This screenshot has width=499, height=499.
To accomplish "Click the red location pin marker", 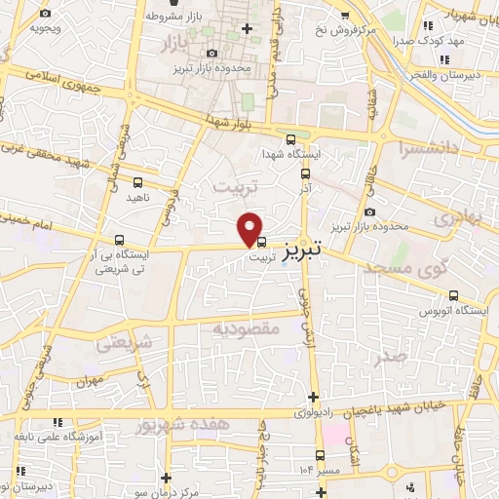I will coord(250,229).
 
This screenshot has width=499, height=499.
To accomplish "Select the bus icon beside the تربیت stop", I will coord(261,243).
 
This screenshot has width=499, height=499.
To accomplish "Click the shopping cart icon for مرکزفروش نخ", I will coord(345,15).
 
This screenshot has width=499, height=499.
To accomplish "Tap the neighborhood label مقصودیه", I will coord(246,329).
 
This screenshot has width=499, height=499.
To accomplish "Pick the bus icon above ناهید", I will coord(136,181).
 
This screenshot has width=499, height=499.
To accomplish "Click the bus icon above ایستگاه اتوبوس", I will coord(453,296).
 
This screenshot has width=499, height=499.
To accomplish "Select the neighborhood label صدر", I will coord(390,357).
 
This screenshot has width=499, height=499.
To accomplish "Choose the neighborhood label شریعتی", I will coord(127,342).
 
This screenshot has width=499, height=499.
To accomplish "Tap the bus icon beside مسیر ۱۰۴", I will coord(320,455).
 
